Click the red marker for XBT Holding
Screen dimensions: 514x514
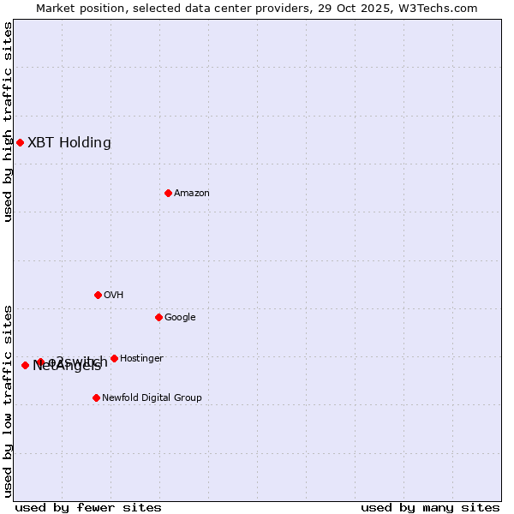pos(20,142)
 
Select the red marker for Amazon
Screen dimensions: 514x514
pos(168,193)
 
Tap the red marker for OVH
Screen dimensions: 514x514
pos(98,295)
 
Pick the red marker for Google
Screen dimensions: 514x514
pos(158,317)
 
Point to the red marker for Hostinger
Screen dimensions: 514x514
pos(114,358)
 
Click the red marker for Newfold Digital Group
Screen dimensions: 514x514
pos(96,397)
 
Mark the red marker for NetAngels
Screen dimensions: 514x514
pos(25,365)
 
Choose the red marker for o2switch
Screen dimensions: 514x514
pos(40,362)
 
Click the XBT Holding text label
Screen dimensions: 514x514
pos(69,143)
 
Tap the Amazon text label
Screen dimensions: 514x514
pos(192,194)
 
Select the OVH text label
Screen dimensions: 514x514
pos(114,296)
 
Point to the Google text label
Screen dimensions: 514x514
pos(180,318)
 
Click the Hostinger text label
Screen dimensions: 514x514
pos(141,359)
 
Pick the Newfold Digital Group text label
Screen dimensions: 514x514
pos(152,398)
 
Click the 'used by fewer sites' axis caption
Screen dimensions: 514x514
pos(88,507)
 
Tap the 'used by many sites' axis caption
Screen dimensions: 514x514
pos(430,507)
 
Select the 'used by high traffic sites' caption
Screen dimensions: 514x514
pos(9,122)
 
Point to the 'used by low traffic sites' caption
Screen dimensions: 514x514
pos(9,401)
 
